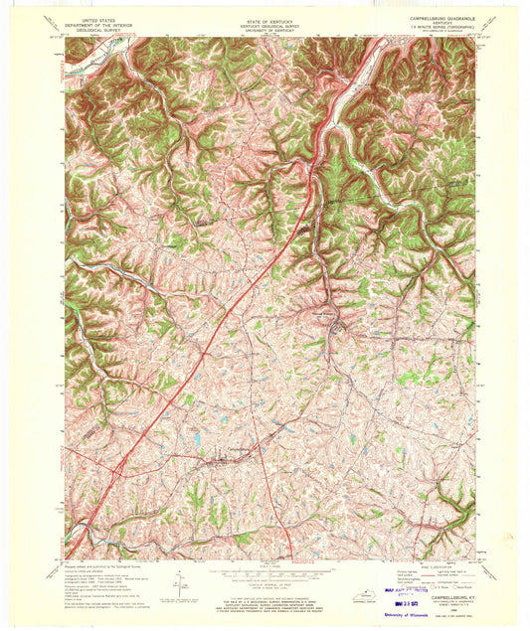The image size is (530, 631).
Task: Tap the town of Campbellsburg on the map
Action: tap(230, 458)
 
